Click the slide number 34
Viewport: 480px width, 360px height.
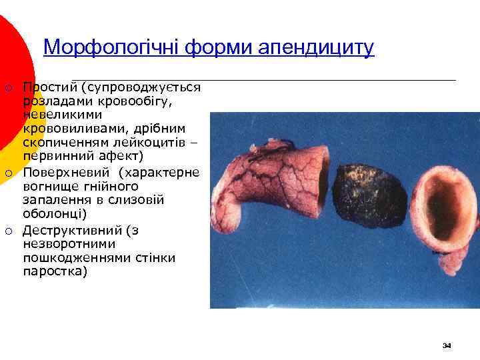447,345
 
